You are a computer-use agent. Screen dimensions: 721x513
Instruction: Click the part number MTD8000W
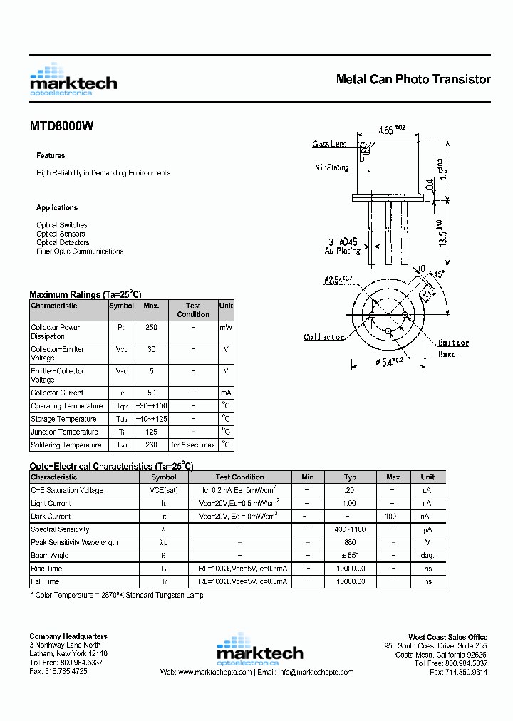point(61,126)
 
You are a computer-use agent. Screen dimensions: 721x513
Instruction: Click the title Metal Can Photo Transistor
point(413,79)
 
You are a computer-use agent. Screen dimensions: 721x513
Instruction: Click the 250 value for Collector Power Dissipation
point(151,328)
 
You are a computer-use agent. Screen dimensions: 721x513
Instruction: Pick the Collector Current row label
point(57,393)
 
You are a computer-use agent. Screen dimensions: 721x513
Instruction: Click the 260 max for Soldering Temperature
point(151,445)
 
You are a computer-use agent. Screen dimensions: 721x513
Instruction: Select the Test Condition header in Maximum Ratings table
point(193,310)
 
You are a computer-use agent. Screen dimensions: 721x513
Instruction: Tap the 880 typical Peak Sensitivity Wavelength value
point(350,542)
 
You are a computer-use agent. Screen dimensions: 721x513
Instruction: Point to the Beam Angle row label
point(50,555)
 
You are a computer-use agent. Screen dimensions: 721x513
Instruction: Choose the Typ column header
point(350,477)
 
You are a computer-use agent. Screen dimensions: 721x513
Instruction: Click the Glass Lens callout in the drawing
point(329,145)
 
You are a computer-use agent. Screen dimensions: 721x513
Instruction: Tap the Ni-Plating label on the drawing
point(332,168)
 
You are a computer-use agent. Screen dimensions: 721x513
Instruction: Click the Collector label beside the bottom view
point(324,337)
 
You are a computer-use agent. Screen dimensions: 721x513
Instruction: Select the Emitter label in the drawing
point(453,343)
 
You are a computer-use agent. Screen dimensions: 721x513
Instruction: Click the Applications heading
point(57,208)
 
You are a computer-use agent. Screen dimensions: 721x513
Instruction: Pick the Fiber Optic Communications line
point(80,251)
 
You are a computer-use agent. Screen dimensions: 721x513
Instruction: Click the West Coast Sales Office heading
point(447,637)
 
